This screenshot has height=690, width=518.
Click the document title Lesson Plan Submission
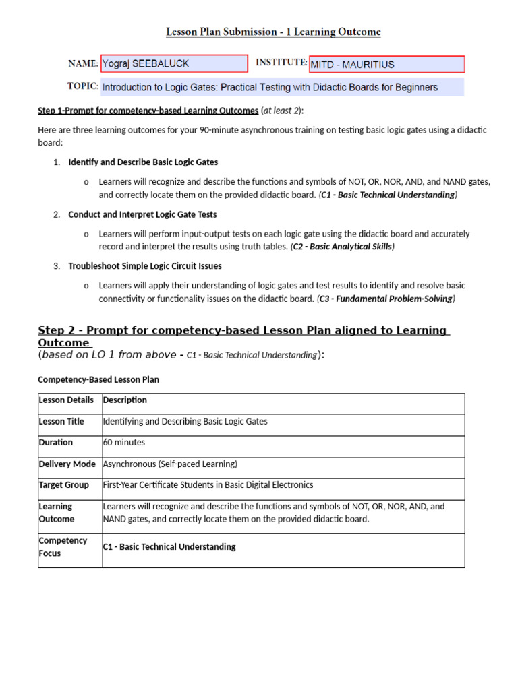(273, 32)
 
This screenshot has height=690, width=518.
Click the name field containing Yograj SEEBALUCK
(174, 64)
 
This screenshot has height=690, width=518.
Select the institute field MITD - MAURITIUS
(386, 65)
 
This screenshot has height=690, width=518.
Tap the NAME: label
(83, 64)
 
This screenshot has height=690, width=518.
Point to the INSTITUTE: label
(281, 63)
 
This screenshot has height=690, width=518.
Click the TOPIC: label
(83, 86)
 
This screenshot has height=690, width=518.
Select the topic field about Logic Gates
(282, 87)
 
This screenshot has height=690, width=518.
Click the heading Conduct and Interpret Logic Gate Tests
(142, 214)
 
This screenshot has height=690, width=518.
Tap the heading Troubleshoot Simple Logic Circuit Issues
(145, 266)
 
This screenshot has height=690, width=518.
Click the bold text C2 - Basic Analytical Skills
(343, 247)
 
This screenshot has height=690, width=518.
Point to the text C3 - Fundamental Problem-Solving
(386, 299)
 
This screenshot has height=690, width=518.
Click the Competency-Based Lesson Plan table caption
(98, 379)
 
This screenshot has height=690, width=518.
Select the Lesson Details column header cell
(67, 400)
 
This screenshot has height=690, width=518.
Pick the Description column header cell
(124, 400)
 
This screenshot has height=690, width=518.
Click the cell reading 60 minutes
(124, 443)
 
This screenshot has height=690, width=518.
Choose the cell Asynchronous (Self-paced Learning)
(170, 464)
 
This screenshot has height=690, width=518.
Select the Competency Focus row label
(63, 547)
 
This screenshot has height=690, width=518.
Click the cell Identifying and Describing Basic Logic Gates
(185, 422)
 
